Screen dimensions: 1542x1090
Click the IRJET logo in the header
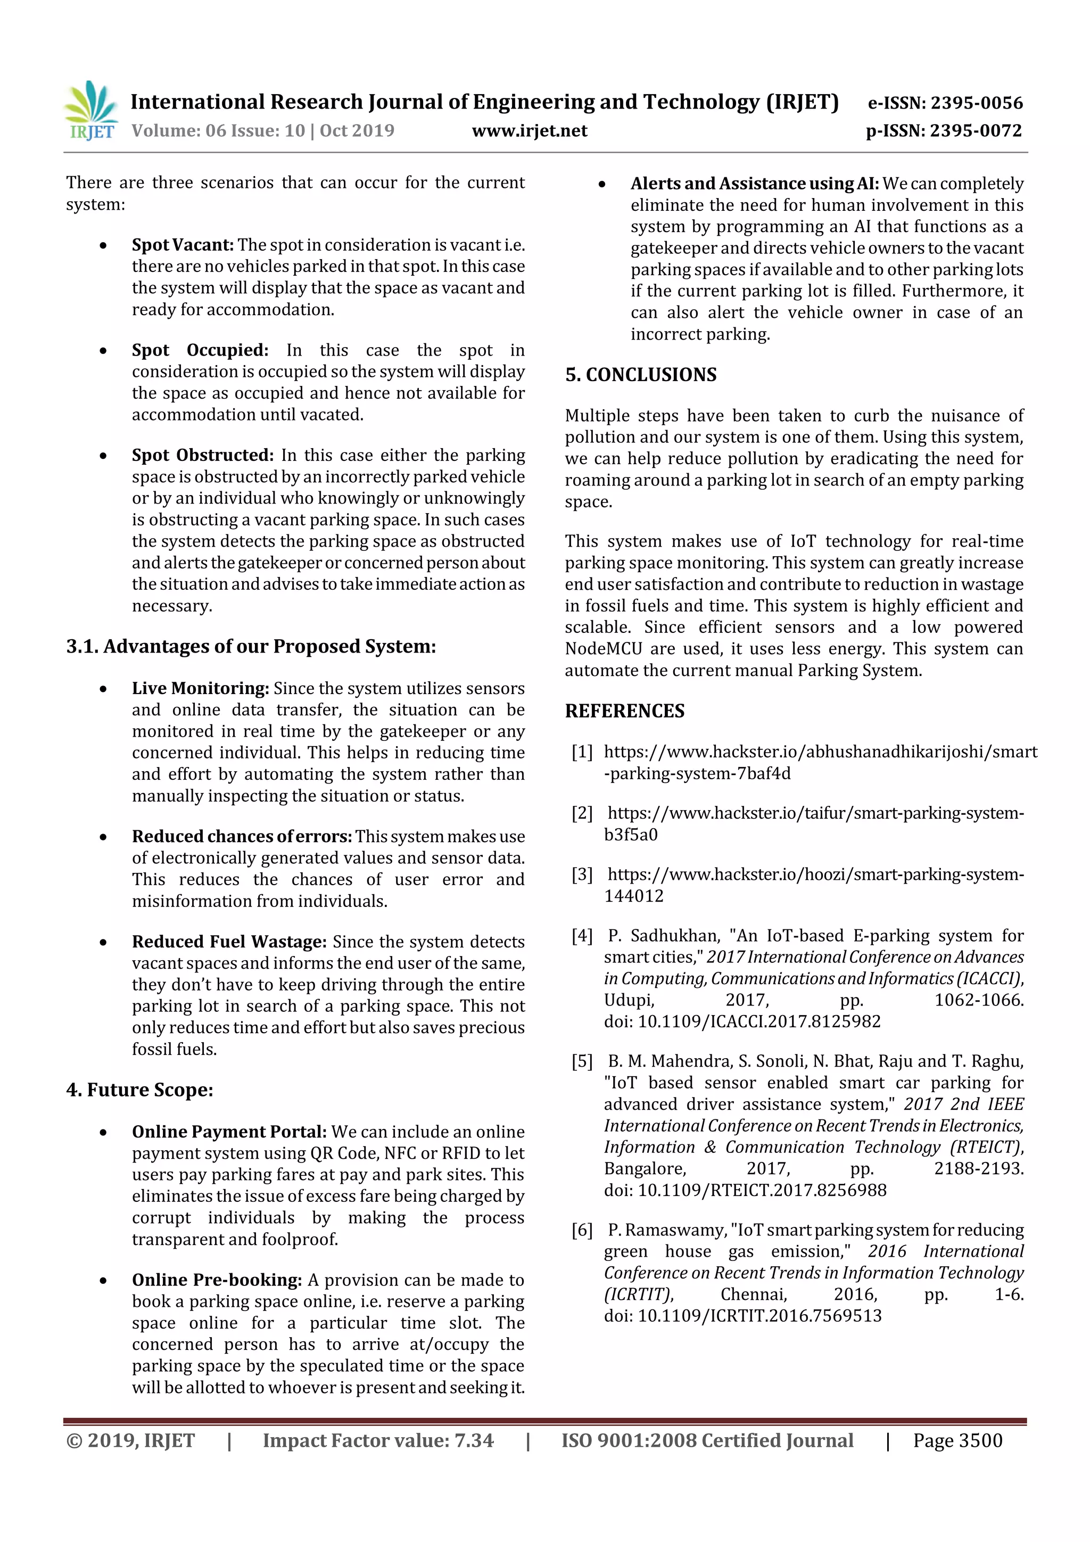tap(90, 111)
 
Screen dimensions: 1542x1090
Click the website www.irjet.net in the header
tap(529, 131)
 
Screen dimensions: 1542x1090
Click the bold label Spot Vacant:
tap(182, 245)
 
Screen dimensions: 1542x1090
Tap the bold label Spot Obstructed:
tap(202, 455)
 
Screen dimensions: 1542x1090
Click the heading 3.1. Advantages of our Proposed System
tap(251, 647)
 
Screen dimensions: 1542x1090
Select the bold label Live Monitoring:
tap(200, 688)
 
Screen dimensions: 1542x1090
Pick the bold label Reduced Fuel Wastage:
tap(229, 942)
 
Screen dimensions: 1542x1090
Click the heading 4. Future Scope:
tap(139, 1090)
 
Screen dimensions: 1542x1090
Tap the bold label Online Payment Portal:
tap(229, 1132)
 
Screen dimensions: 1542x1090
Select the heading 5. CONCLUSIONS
tap(641, 375)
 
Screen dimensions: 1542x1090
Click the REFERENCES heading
tap(625, 711)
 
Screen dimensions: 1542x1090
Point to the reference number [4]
tap(582, 936)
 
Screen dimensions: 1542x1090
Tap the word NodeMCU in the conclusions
tap(603, 649)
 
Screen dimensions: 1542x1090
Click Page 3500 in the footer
tap(957, 1440)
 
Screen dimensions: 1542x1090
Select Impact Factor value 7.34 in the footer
tap(377, 1440)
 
